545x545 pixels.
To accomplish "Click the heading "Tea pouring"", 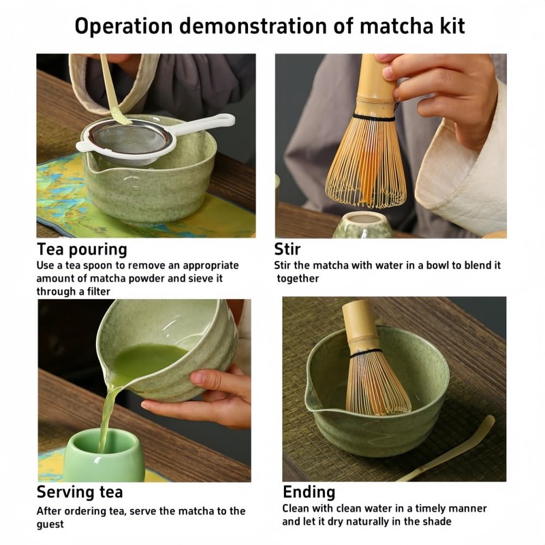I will pos(82,249).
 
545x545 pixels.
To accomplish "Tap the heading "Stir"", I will pos(287,249).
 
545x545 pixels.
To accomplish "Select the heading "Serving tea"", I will pos(80,492).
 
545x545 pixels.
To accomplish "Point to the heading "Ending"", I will pos(309,492).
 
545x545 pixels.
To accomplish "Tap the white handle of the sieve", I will pos(204,125).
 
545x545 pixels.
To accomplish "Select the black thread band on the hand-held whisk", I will pos(373,117).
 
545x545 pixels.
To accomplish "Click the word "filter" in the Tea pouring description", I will pos(93,291).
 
